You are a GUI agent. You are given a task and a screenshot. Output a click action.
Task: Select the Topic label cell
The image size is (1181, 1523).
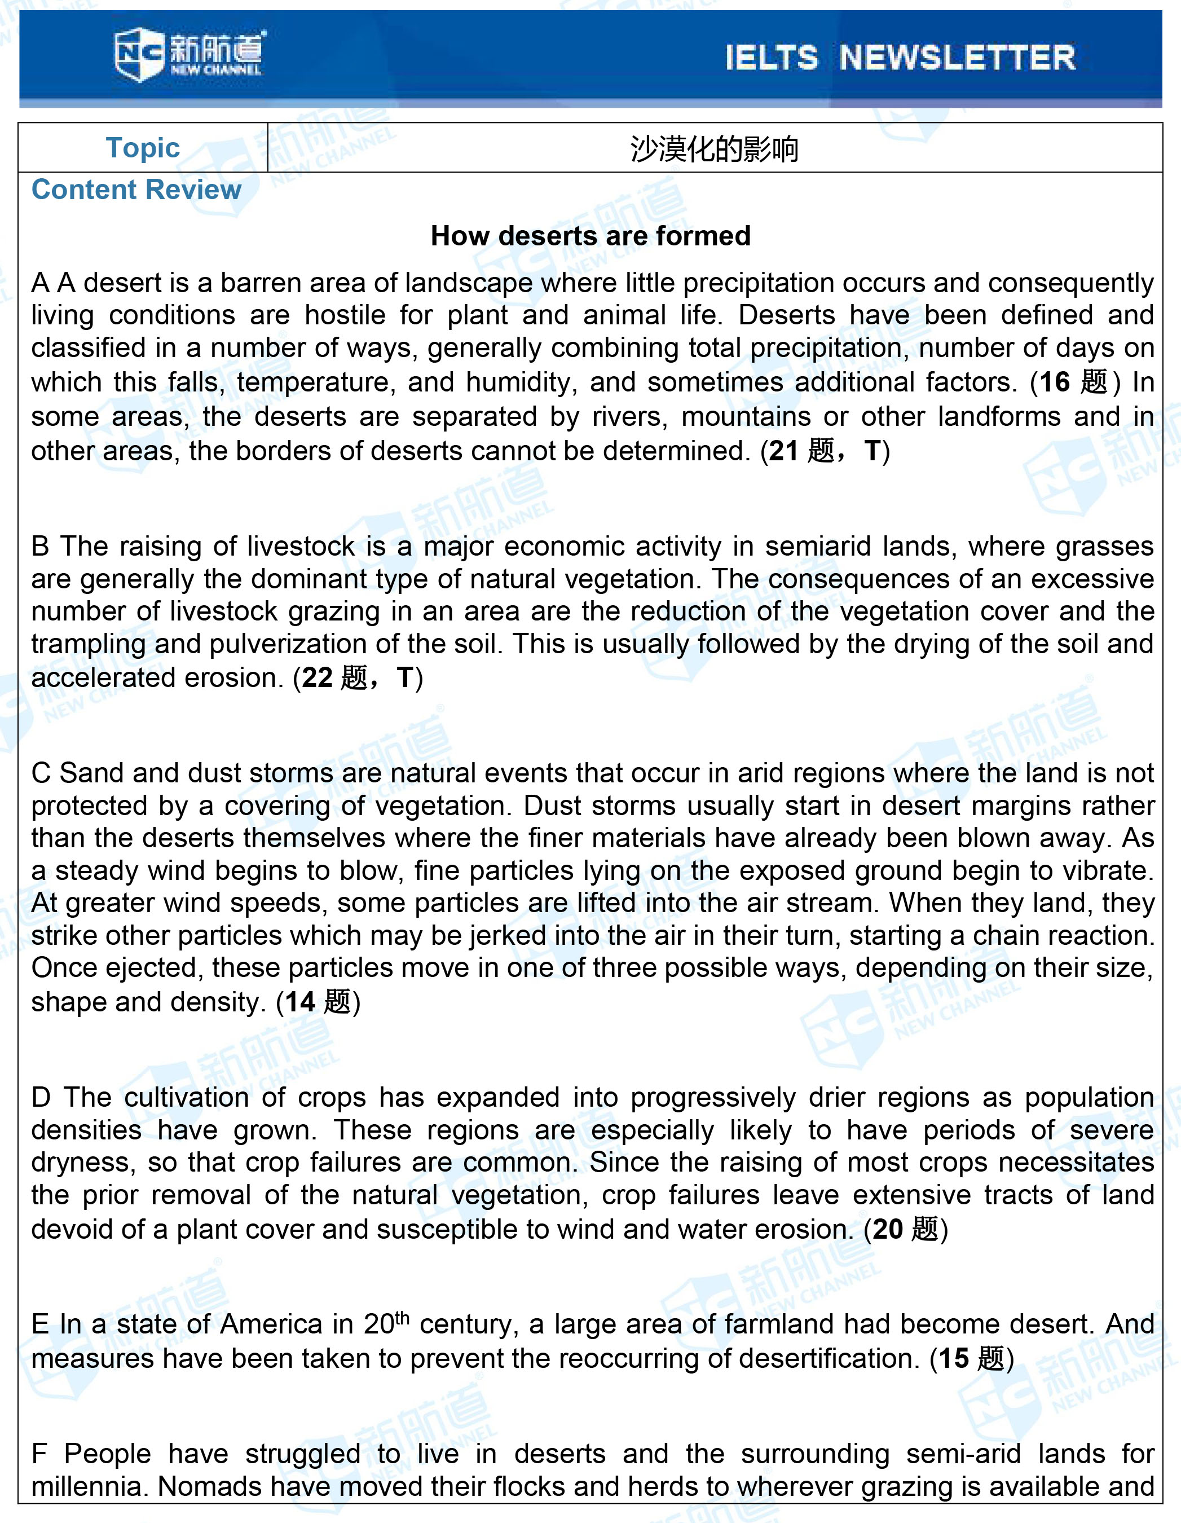(x=143, y=148)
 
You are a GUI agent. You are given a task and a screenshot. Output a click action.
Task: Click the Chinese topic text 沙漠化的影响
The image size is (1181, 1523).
(x=714, y=148)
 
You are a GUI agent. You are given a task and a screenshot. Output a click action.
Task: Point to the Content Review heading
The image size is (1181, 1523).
(x=136, y=190)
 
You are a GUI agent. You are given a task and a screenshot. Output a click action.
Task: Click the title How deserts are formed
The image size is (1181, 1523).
(x=590, y=236)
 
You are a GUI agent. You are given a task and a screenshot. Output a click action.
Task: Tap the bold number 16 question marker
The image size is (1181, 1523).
(x=1054, y=382)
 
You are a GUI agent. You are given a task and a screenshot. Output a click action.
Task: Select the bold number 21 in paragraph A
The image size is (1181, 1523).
(x=783, y=451)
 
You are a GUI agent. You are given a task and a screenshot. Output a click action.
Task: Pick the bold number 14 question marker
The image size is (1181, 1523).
(x=300, y=1002)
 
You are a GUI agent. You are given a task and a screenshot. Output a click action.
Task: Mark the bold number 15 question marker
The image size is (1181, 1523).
(x=953, y=1358)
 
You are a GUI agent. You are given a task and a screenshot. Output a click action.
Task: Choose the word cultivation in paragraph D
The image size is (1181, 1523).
(x=186, y=1097)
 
